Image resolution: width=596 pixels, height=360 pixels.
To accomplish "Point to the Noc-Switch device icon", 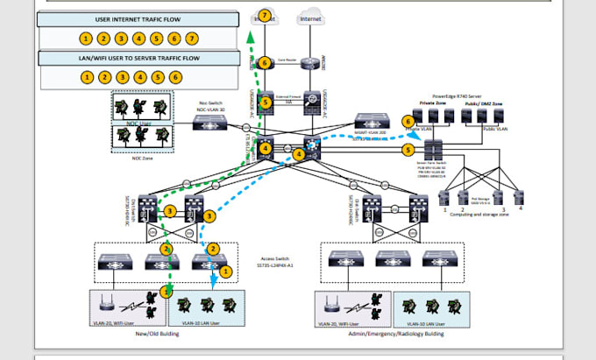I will [210, 124].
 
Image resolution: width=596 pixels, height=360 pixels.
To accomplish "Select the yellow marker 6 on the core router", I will [265, 63].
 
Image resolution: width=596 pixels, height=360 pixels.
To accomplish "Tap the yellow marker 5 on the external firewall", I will [266, 102].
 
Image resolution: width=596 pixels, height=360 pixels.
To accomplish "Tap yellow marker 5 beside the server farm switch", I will [408, 150].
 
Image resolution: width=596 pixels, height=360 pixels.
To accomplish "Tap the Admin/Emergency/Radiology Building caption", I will [384, 333].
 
